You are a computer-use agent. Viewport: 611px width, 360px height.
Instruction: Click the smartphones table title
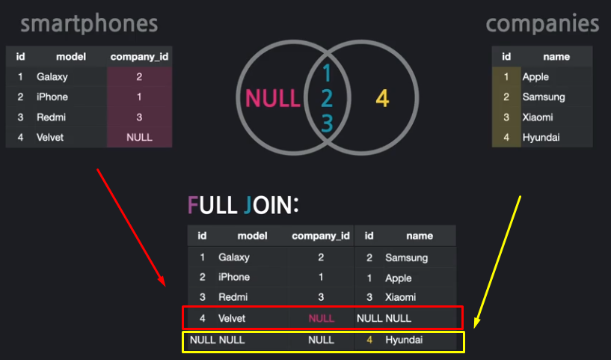coord(89,24)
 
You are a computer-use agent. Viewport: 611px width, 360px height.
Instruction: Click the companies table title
coord(542,24)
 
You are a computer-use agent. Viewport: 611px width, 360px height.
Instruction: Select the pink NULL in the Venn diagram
coord(273,98)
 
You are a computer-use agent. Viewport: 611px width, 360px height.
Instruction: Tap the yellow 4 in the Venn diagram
coord(382,98)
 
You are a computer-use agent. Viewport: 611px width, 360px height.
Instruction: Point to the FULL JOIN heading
coord(243,205)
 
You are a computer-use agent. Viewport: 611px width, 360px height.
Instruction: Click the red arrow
coord(130,228)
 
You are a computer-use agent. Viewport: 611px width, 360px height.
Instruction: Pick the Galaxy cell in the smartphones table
coord(52,77)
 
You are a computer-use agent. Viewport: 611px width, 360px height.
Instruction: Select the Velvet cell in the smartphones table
coord(50,138)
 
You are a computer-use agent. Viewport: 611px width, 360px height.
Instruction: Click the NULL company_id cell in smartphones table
coord(139,138)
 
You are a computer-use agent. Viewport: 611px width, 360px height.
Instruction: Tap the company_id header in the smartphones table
coord(139,57)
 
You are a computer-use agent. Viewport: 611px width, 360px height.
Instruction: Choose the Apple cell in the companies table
coord(535,77)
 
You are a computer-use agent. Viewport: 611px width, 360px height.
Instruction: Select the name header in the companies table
coord(556,57)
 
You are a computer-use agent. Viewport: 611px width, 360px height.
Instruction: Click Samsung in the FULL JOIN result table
coord(406,257)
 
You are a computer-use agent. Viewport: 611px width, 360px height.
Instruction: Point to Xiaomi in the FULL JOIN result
coord(402,298)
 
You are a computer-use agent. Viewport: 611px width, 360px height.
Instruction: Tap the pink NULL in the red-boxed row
coord(321,318)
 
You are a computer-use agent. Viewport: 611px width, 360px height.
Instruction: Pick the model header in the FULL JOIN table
coord(252,236)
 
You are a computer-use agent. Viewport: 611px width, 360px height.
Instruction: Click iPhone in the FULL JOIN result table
coord(235,278)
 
